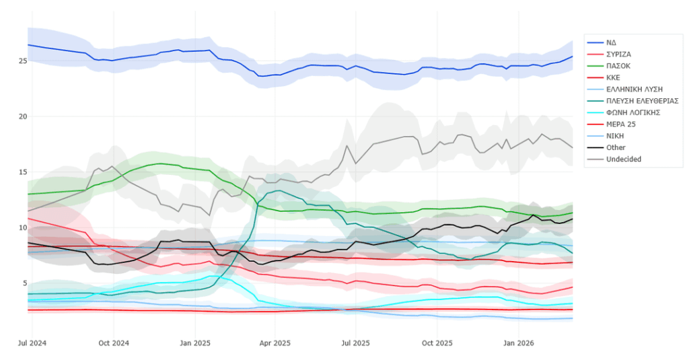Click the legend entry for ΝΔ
tap(611, 42)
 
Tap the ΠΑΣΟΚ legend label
tap(618, 66)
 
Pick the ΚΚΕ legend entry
tap(614, 77)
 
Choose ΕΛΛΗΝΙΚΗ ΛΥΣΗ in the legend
tap(634, 89)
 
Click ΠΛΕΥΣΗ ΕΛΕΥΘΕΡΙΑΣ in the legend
tap(642, 101)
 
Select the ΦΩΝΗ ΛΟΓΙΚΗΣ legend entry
tap(632, 112)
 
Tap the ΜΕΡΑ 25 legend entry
tap(620, 124)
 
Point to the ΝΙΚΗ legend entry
tap(615, 136)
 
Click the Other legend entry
tap(615, 147)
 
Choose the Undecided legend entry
tap(623, 159)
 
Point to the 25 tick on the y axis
tap(22, 61)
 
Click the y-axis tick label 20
tap(22, 116)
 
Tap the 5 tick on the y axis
tap(24, 283)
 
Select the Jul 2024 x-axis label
tap(32, 343)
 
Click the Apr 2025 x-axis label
tap(275, 343)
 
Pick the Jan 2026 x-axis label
tap(518, 343)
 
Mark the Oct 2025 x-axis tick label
tap(437, 343)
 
